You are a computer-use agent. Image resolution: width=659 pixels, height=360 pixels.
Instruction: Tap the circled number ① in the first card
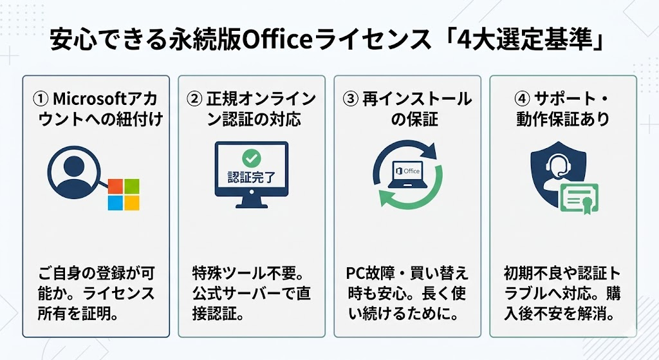(x=41, y=100)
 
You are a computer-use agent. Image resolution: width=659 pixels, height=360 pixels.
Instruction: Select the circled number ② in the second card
(x=194, y=100)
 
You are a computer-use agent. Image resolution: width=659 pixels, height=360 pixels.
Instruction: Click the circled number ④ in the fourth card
(x=522, y=100)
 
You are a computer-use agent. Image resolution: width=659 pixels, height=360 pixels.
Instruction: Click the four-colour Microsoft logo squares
(x=123, y=194)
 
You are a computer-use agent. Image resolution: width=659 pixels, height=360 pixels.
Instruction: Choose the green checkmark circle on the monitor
(x=250, y=158)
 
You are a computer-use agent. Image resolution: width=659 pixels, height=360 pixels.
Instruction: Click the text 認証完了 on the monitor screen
(x=250, y=176)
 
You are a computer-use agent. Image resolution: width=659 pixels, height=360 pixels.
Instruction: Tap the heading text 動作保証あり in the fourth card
(x=562, y=120)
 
